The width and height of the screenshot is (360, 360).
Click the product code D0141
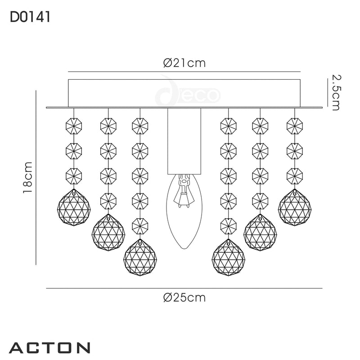29,17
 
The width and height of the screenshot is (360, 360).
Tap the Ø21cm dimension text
184,63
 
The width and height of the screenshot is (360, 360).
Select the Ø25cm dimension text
184,297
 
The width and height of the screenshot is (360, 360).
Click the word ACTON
49,348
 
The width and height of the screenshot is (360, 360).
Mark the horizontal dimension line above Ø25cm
184,288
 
